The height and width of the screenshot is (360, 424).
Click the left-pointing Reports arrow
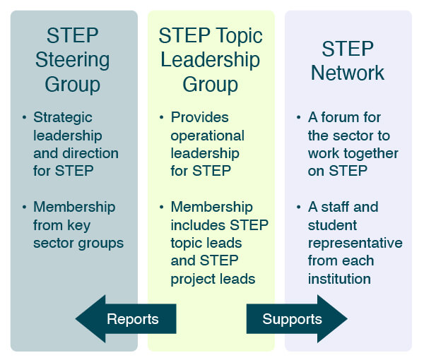pos(126,319)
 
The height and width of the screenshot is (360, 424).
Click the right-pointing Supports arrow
pos(297,319)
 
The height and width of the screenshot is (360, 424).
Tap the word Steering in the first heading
pos(73,61)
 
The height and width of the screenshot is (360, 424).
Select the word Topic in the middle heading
pos(239,37)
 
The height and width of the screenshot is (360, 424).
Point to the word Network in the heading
pos(348,73)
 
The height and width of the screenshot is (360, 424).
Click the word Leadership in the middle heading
pos(210,61)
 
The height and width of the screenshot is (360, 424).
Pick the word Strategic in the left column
pos(63,118)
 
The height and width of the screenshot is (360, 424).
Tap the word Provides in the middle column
pos(199,117)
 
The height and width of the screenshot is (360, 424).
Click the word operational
pos(207,136)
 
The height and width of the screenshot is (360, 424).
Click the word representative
pos(355,243)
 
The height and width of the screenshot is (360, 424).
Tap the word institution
pos(339,279)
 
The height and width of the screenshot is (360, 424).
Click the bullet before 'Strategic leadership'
pos(24,117)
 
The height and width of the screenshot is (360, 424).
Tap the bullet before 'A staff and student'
pos(298,207)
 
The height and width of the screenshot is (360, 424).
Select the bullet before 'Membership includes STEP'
pos(161,207)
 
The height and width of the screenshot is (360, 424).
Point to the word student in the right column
pos(332,225)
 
